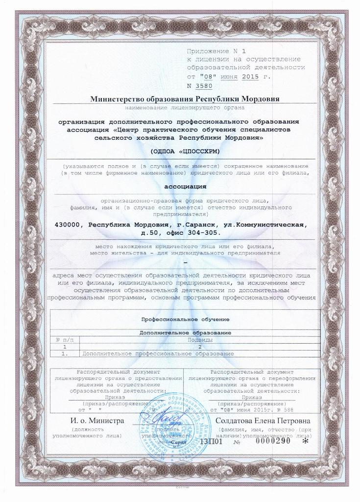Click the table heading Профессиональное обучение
coord(185,319)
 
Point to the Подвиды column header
coord(200,339)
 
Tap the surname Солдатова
coord(237,421)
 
